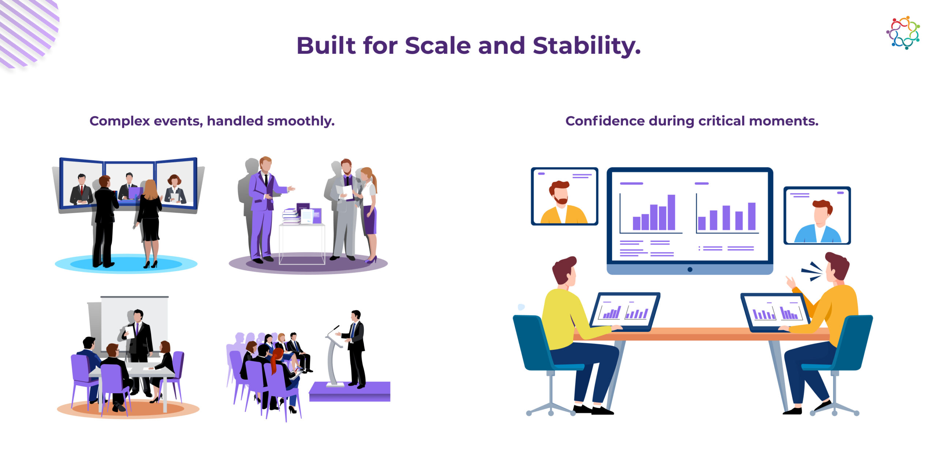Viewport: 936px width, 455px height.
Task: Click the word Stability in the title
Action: point(586,46)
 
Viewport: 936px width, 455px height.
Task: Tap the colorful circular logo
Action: point(903,33)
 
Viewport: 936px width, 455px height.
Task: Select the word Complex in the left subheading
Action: point(120,121)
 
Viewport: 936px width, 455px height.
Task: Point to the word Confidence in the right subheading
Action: point(605,121)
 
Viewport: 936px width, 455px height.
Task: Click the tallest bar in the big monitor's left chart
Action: point(671,212)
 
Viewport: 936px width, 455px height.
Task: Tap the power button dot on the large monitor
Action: point(690,269)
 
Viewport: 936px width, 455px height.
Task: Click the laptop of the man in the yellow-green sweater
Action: point(625,311)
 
